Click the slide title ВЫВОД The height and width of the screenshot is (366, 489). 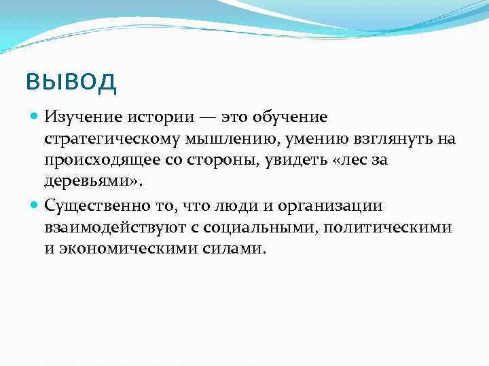click(71, 83)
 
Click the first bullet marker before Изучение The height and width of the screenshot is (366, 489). click(35, 117)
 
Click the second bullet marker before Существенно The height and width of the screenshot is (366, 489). click(35, 205)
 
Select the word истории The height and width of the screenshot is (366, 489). click(151, 117)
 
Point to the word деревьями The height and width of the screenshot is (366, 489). click(88, 182)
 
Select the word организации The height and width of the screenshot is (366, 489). click(335, 205)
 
